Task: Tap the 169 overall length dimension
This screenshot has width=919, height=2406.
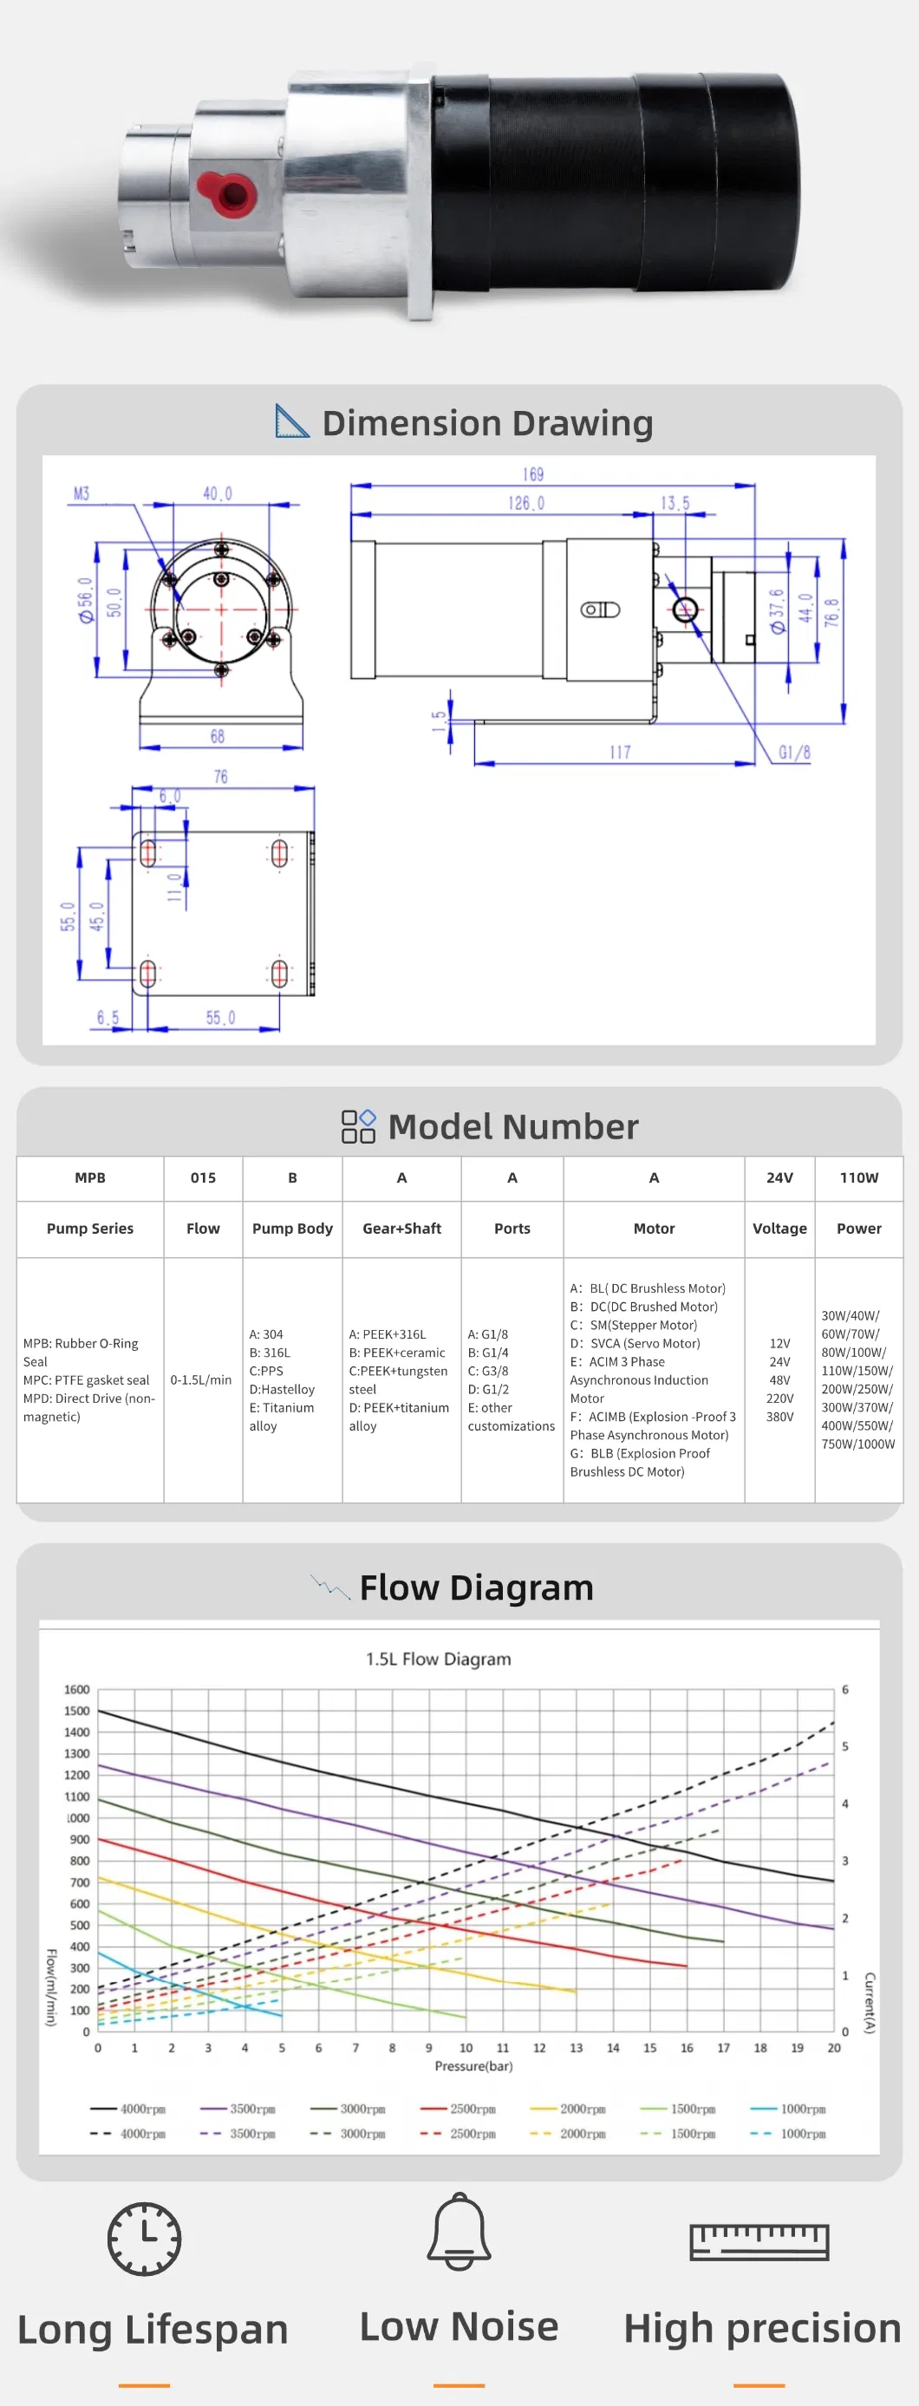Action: point(532,474)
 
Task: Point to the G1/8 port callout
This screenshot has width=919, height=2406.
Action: point(794,752)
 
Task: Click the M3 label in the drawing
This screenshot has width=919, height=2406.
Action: point(81,493)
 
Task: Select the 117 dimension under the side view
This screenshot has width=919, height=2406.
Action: point(619,752)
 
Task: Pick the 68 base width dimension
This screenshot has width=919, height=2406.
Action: point(217,736)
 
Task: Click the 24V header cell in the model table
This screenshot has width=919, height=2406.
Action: point(779,1177)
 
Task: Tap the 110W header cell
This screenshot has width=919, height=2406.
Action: point(858,1177)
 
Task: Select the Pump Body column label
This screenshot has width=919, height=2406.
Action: point(292,1229)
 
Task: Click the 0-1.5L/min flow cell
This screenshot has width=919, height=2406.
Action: point(201,1379)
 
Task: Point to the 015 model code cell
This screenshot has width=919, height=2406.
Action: point(203,1177)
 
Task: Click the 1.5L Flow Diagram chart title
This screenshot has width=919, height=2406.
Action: point(438,1659)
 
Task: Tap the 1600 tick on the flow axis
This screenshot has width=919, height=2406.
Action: point(76,1690)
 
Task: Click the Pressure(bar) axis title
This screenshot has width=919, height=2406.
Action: point(473,2066)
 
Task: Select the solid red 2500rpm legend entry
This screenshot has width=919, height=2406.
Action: point(459,2109)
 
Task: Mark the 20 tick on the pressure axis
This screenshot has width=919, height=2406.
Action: point(834,2047)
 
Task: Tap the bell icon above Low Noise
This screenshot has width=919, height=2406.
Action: point(459,2232)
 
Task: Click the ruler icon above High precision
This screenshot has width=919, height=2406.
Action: point(759,2240)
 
